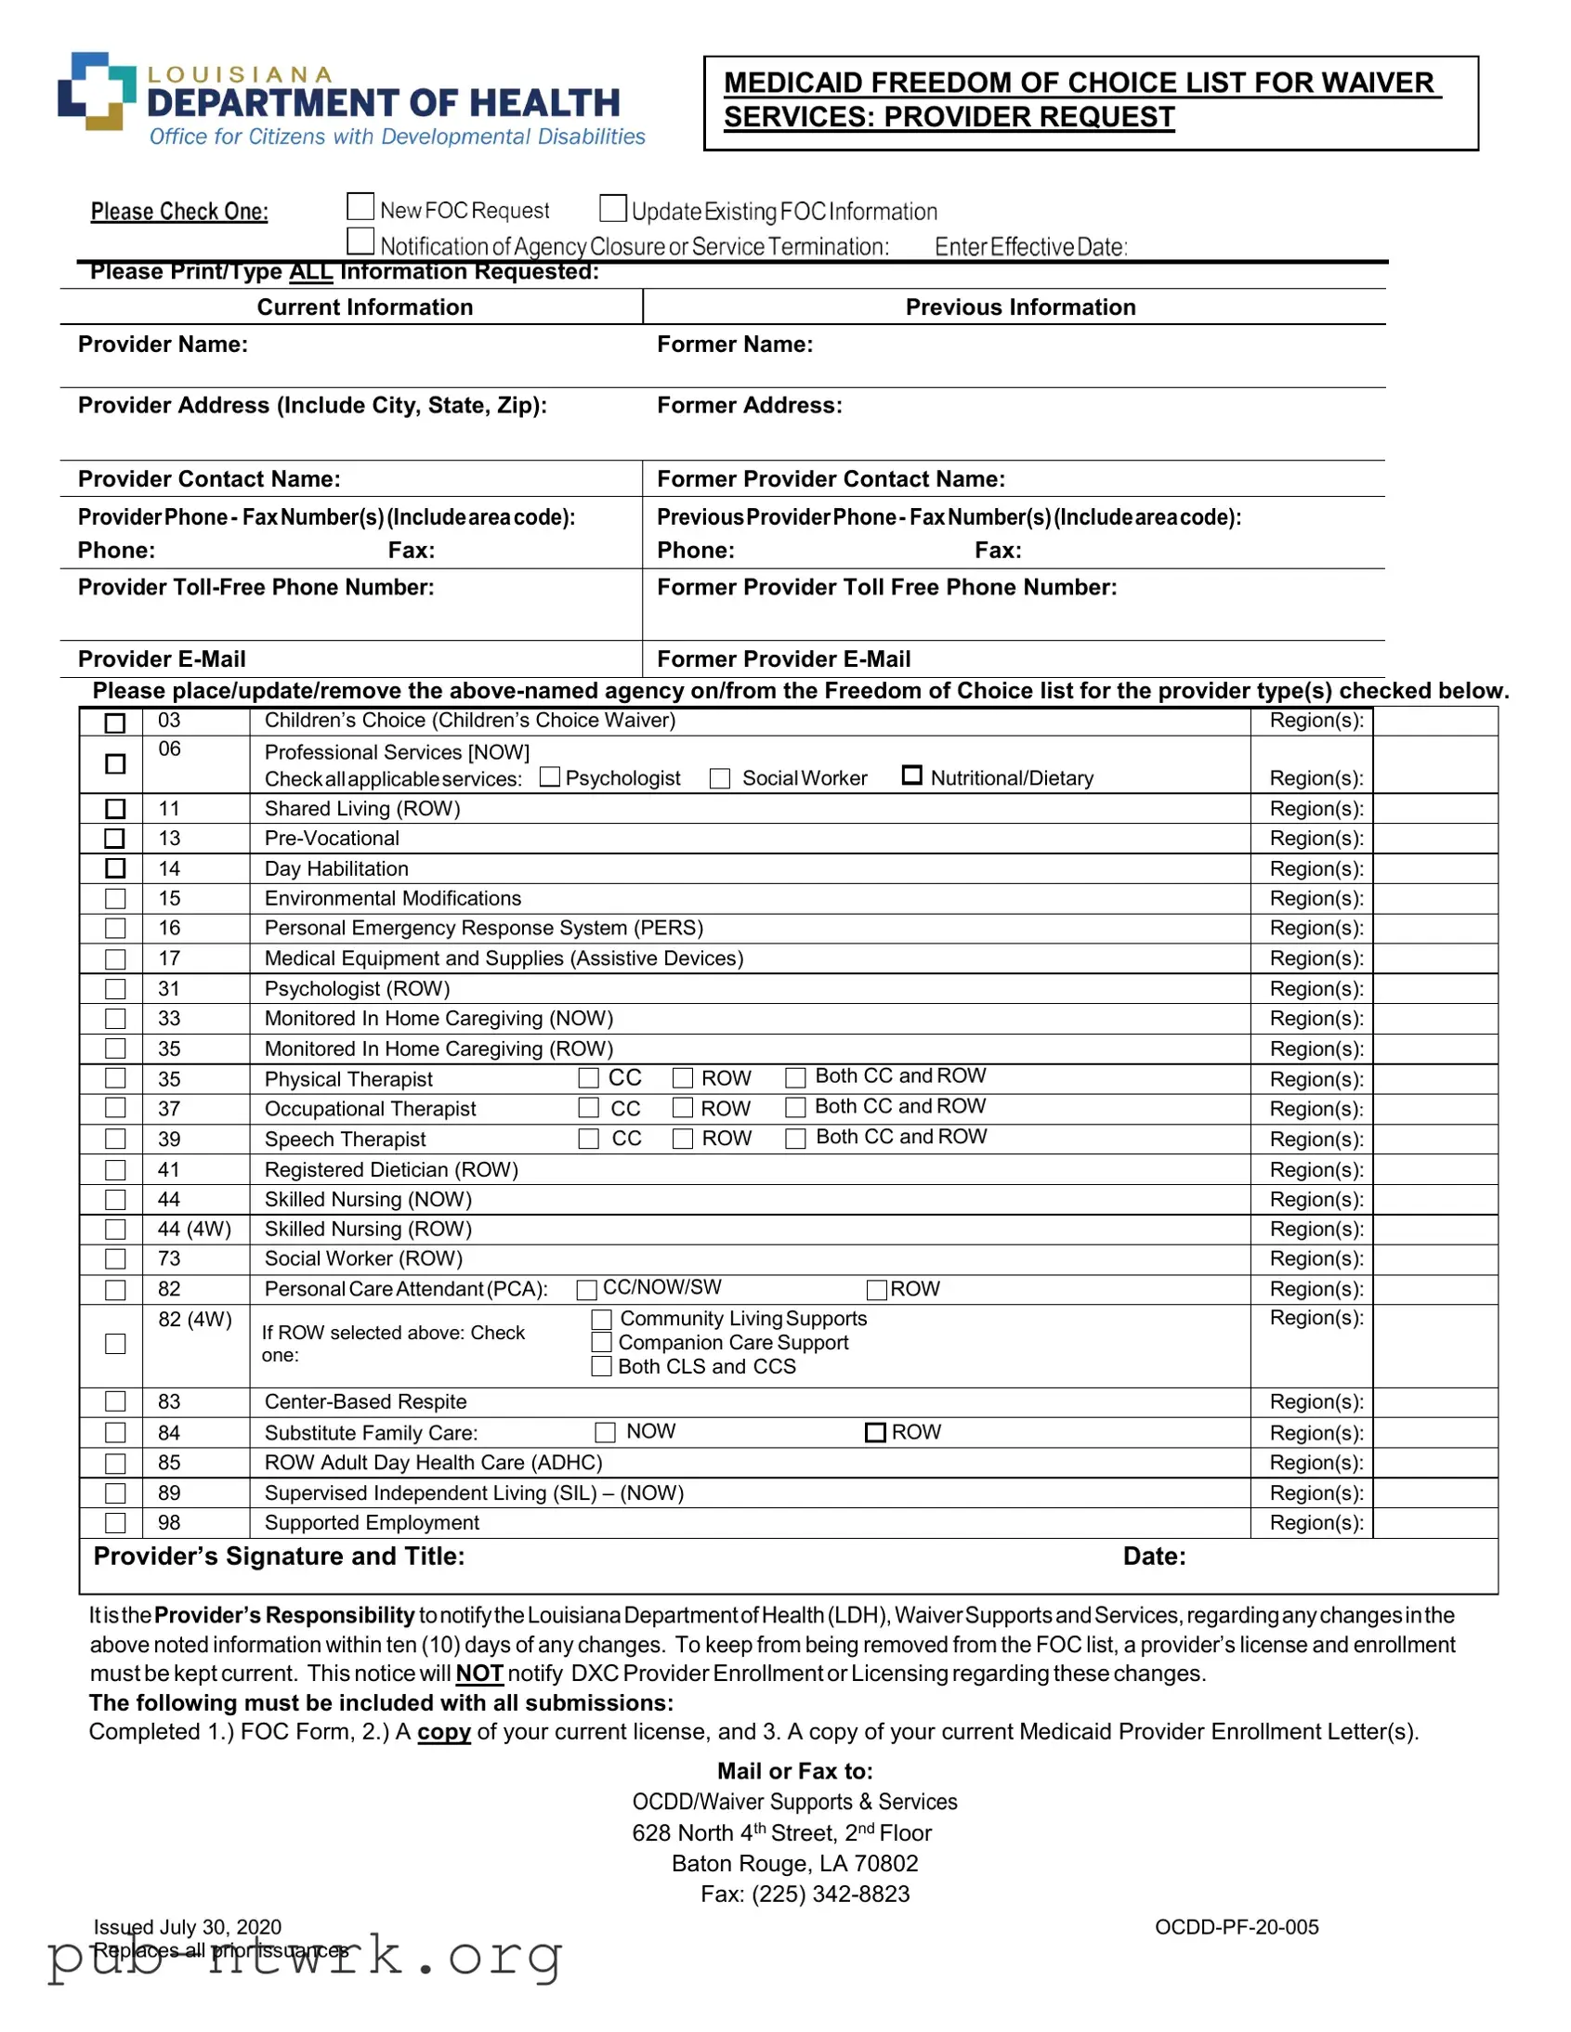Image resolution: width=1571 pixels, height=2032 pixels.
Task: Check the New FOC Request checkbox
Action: point(360,206)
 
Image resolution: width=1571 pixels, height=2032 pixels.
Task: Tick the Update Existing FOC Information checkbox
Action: point(612,208)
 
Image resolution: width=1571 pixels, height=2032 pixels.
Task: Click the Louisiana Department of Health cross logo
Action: point(96,91)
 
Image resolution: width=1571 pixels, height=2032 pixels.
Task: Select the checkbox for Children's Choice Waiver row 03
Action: point(115,723)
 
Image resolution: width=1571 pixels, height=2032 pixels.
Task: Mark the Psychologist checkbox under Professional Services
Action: point(550,777)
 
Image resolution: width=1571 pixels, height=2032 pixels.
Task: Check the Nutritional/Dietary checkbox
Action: point(912,775)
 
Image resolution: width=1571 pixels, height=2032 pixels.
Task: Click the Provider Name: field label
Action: point(163,345)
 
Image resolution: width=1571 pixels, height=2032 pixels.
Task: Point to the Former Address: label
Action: point(749,406)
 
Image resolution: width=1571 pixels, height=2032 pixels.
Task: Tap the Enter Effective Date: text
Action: point(1030,247)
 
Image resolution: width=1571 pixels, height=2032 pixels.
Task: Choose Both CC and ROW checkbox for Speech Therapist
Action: point(795,1139)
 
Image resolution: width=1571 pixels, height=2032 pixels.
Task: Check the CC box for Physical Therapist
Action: point(588,1077)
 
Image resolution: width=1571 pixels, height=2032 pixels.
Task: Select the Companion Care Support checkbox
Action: point(602,1343)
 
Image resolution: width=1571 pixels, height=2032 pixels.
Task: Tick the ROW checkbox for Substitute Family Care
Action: point(875,1432)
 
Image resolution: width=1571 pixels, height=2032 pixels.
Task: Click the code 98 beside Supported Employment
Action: point(169,1523)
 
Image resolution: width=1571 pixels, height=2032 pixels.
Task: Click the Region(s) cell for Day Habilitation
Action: point(1434,869)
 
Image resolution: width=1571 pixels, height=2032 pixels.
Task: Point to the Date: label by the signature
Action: point(1154,1557)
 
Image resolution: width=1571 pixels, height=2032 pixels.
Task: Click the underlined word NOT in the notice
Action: point(479,1674)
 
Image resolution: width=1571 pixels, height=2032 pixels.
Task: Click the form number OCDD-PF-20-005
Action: point(1236,1927)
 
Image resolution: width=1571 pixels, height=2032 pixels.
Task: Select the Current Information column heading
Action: point(365,307)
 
